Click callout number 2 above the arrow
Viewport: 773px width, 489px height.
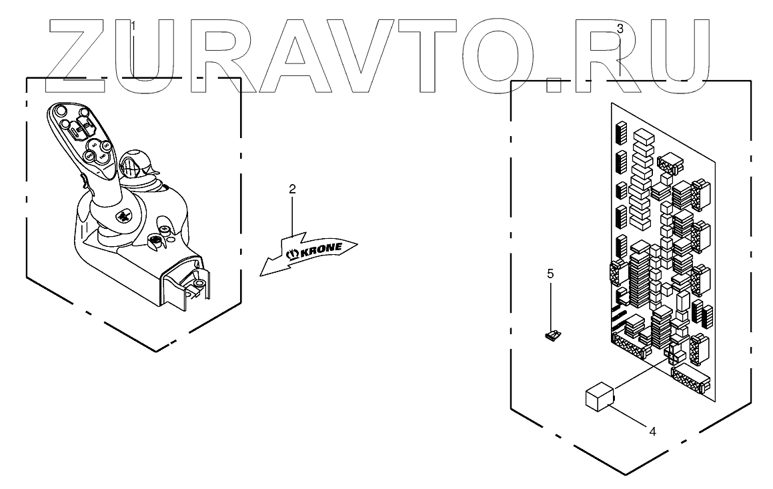[x=292, y=189]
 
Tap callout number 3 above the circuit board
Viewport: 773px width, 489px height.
[x=620, y=29]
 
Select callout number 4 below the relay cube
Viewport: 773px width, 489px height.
[x=652, y=432]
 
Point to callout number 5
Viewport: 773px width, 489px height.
[x=550, y=274]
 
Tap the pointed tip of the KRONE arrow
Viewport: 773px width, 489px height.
[x=262, y=273]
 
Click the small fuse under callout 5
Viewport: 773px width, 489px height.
[x=552, y=336]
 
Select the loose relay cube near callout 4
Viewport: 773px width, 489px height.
[x=599, y=396]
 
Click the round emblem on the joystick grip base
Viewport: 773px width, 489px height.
[x=125, y=215]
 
